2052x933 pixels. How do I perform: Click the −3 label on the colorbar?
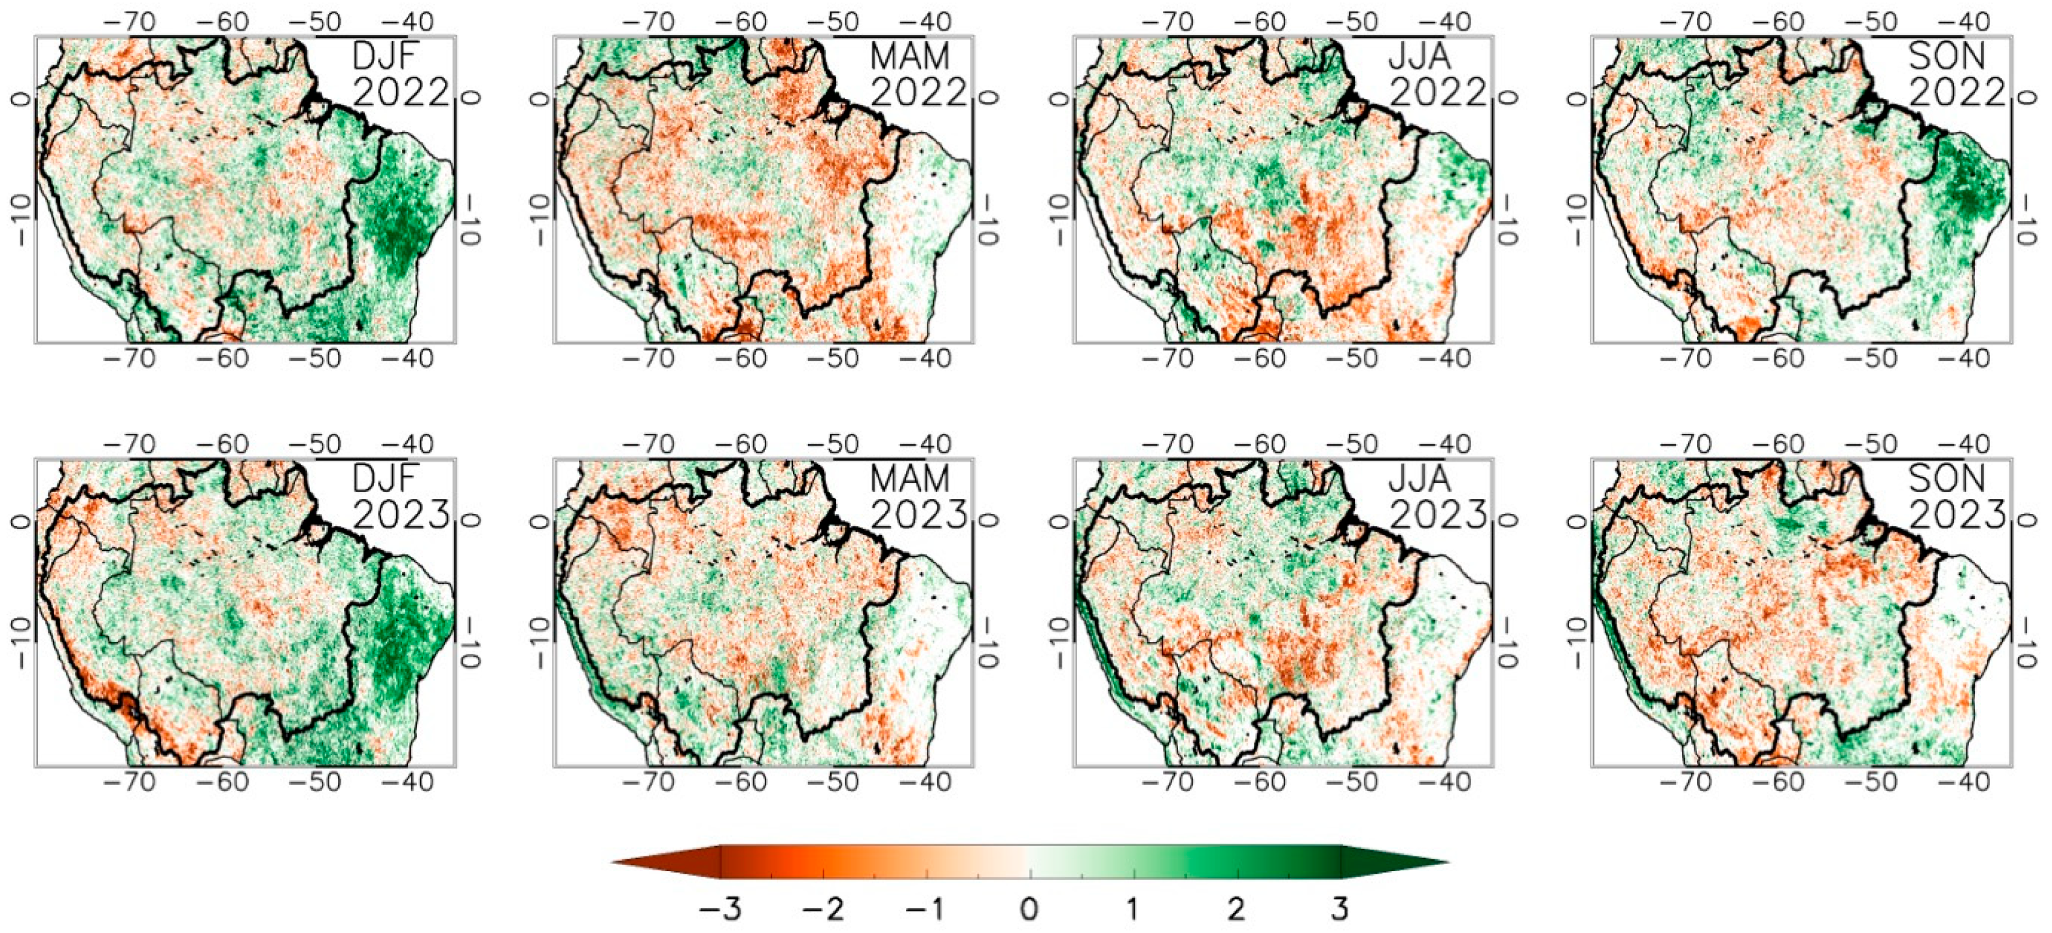719,908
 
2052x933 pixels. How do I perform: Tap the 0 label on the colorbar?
1029,908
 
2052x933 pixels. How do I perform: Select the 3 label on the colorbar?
1340,908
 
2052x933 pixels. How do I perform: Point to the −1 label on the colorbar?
925,908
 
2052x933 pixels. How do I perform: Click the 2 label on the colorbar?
1236,908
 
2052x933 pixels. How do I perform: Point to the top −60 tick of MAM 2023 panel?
741,444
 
